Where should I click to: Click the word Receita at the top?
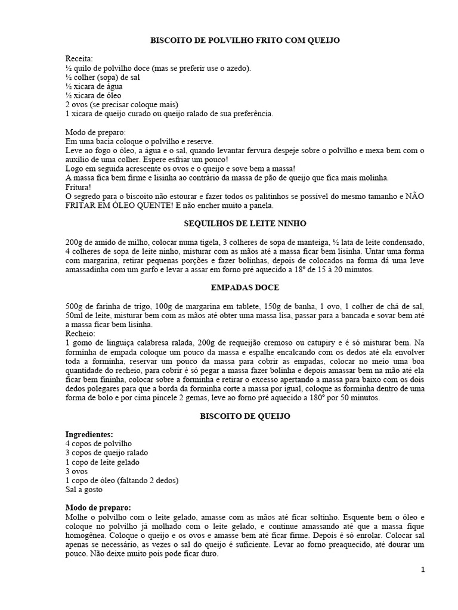[79, 58]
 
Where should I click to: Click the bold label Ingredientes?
[89, 434]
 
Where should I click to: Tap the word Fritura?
[79, 186]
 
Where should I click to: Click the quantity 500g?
[76, 306]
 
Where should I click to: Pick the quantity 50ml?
[75, 315]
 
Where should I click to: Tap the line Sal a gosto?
[84, 489]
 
